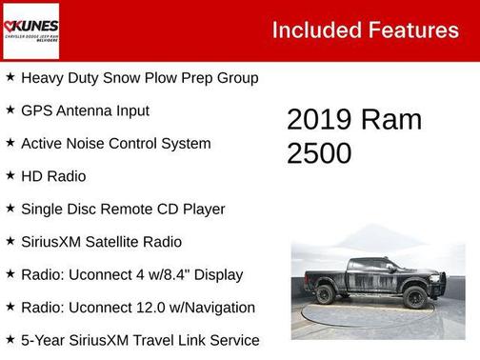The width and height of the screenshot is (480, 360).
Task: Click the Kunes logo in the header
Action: (x=30, y=30)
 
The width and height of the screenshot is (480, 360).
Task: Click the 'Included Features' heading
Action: (x=365, y=30)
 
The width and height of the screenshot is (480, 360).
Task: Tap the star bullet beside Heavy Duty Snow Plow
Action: (x=10, y=76)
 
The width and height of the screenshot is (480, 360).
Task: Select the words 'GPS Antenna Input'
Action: (x=85, y=110)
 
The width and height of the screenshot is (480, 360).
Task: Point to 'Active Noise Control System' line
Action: (x=115, y=144)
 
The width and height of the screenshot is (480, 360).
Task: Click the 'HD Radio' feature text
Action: (x=53, y=176)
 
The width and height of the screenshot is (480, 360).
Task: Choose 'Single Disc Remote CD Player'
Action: (x=123, y=209)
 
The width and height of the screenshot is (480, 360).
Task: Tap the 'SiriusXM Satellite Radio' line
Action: (x=101, y=242)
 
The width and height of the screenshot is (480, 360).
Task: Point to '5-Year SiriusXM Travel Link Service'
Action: (x=140, y=340)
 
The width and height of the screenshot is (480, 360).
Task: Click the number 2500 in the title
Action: (x=319, y=152)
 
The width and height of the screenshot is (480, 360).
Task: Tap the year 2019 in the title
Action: (x=319, y=120)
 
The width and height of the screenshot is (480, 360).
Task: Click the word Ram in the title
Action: (x=390, y=120)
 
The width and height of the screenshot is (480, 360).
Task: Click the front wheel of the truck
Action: (x=414, y=297)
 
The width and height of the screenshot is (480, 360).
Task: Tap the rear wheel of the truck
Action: (x=326, y=294)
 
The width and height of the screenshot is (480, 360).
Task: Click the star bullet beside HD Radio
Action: (x=10, y=175)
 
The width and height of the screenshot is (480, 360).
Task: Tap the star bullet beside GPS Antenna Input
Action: (x=10, y=110)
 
